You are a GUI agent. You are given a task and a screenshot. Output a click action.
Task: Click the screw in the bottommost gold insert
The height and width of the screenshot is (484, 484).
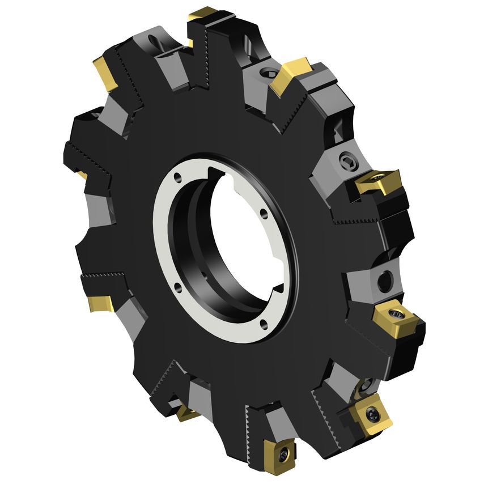[283, 452]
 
